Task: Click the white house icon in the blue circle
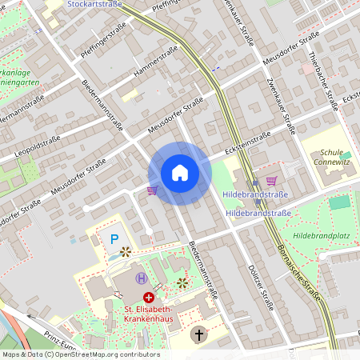point(180,173)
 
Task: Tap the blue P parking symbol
point(114,238)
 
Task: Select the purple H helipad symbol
point(142,278)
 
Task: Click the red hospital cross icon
point(148,298)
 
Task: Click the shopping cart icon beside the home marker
point(152,190)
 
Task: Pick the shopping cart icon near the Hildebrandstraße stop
point(271,181)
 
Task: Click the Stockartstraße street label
point(95,5)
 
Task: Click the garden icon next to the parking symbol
point(125,251)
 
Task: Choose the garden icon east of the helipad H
point(182,282)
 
